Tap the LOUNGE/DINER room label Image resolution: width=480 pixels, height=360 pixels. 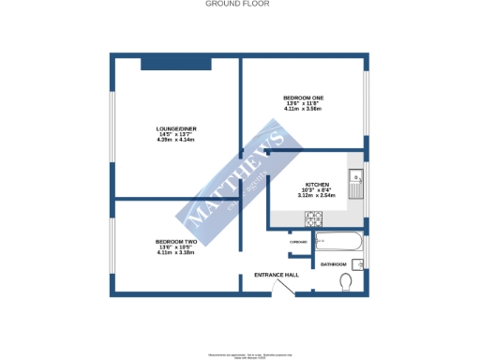[176, 128]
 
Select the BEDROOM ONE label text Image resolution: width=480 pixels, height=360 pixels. [303, 98]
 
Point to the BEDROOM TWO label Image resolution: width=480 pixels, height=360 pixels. [175, 242]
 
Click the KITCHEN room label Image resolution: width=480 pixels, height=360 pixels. [314, 185]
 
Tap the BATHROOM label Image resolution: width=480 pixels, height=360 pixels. [334, 264]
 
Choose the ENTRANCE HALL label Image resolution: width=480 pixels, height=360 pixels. [277, 276]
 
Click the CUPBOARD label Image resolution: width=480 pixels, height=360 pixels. [298, 242]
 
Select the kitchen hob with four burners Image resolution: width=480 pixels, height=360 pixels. [314, 218]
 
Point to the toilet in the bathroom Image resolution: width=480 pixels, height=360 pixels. [348, 282]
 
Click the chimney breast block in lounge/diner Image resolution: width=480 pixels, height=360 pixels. [175, 63]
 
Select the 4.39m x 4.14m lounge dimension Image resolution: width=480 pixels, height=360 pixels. [176, 140]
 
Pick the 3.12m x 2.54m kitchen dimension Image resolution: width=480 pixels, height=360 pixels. [315, 196]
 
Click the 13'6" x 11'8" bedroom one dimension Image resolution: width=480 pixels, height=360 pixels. [303, 104]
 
